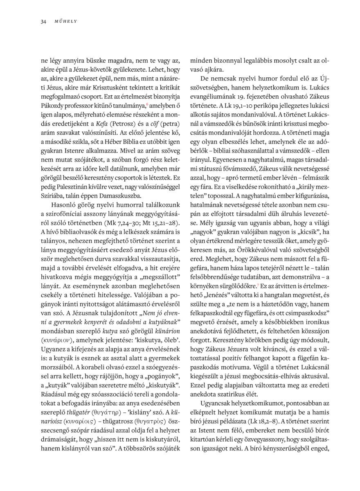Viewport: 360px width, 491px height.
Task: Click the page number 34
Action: pyautogui.click(x=43, y=21)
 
